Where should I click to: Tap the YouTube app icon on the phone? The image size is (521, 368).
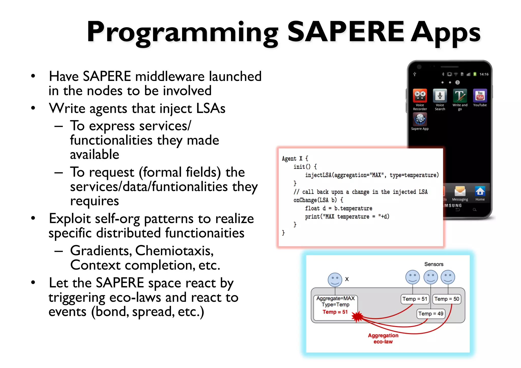pos(480,96)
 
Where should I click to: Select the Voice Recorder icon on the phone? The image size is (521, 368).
pos(420,96)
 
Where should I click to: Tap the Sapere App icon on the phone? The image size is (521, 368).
pos(420,119)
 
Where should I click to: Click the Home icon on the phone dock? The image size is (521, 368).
pos(480,191)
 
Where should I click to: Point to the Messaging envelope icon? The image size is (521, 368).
pos(460,191)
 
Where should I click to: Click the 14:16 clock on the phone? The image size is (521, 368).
pos(484,74)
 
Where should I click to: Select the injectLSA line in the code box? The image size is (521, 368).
pos(372,175)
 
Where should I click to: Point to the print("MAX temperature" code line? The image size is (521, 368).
pos(347,216)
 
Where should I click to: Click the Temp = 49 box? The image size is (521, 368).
pos(431,314)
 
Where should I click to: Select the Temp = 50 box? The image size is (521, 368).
pos(446,299)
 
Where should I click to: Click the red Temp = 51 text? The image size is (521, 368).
pos(335,312)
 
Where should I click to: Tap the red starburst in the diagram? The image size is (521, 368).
pos(357,317)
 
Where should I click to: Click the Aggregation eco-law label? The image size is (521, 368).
pos(383,338)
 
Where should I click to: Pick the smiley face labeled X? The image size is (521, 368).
pos(335,279)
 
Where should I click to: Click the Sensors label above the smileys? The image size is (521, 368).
pos(434,264)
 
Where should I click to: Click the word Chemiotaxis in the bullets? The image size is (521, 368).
pos(174,251)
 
